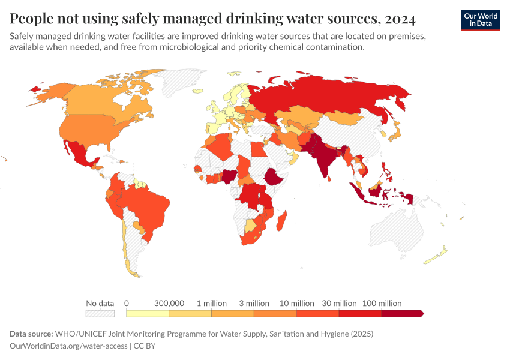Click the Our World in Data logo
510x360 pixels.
480,20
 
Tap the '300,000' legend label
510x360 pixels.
169,303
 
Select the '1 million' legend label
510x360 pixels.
211,303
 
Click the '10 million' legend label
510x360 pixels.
296,303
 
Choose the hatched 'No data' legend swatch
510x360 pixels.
100,313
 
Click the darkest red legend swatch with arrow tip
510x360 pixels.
403,313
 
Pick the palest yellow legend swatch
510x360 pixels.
148,313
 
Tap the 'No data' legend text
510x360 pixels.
100,303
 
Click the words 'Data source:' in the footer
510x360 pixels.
31,334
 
